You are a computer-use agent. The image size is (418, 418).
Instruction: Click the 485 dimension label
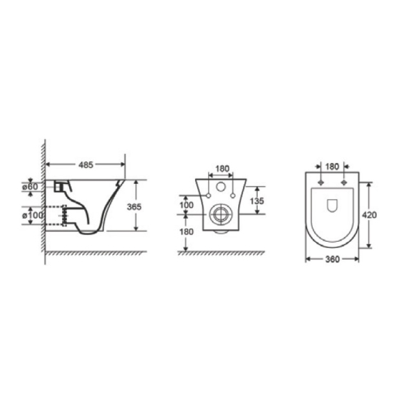(x=86, y=164)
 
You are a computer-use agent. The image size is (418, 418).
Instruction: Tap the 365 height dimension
(x=134, y=207)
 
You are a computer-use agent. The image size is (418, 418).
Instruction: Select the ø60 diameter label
(x=30, y=187)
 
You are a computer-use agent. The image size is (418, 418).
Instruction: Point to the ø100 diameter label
(x=32, y=215)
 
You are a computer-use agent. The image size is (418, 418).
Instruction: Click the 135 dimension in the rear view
(x=257, y=201)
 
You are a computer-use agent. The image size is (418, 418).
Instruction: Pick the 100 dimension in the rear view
(x=187, y=205)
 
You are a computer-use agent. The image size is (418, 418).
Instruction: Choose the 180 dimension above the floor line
(x=186, y=232)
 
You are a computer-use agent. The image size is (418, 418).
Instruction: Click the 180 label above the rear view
(x=222, y=169)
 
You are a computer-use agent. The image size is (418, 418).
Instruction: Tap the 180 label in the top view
(x=332, y=167)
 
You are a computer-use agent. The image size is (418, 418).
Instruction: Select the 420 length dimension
(x=369, y=215)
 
